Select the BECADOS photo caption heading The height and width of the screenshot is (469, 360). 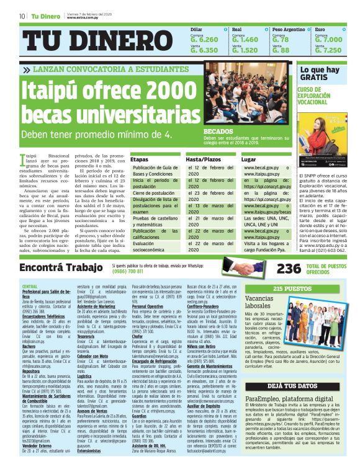[218, 132]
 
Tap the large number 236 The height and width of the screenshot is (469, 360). [271, 268]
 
